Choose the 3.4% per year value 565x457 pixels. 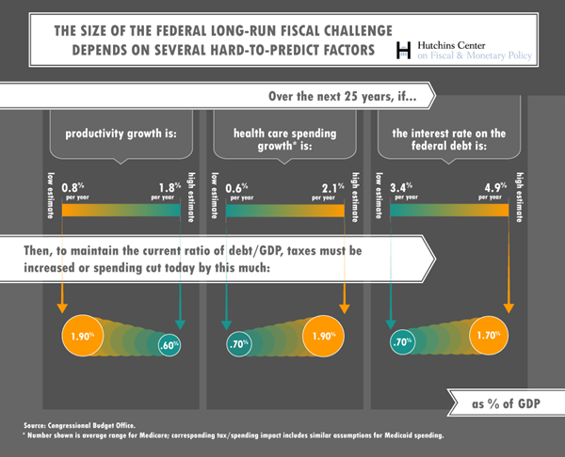[x=405, y=190]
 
